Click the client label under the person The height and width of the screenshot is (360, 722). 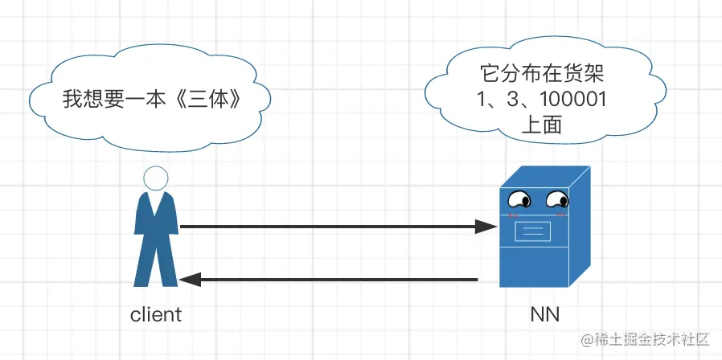(x=156, y=313)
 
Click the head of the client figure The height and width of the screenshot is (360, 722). (x=155, y=178)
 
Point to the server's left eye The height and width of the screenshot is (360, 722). (x=519, y=198)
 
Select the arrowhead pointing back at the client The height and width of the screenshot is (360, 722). (x=190, y=280)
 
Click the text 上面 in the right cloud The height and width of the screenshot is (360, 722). (x=541, y=125)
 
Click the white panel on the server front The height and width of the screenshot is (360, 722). (x=532, y=232)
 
